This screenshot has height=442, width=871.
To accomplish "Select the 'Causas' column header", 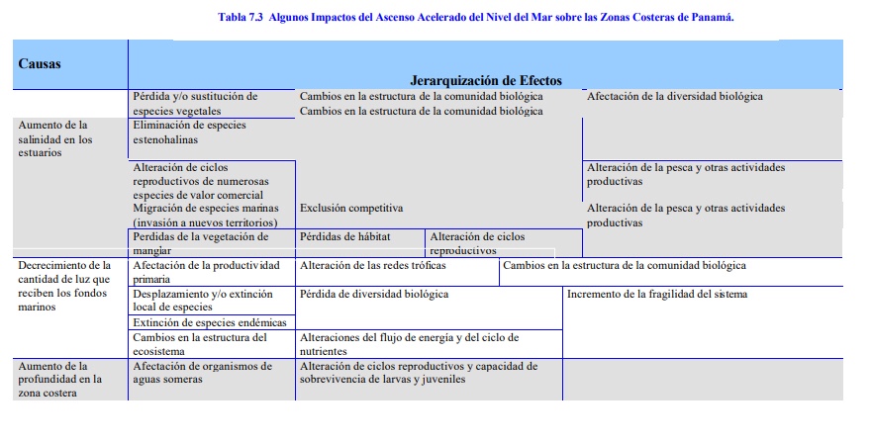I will [x=40, y=63].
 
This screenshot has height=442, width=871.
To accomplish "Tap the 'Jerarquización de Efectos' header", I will [x=485, y=79].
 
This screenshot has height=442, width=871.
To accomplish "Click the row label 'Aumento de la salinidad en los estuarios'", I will [x=55, y=138].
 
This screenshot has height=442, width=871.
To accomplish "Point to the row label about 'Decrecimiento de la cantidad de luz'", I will [x=65, y=286].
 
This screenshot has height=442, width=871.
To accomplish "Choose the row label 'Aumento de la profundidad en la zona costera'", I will [x=59, y=379].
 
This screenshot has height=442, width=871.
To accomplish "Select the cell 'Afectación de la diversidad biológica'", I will [x=675, y=97].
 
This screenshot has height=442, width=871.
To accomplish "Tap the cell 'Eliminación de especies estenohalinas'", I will [x=189, y=133].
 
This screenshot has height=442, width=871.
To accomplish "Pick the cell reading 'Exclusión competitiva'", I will [x=351, y=209].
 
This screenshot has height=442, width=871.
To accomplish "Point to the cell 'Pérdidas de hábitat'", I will [x=345, y=237].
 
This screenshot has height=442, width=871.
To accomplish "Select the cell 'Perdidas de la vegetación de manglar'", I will [x=200, y=243].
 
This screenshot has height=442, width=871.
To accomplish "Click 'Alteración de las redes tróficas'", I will [x=373, y=266].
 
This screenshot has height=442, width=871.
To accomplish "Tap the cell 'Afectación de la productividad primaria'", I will [x=206, y=272].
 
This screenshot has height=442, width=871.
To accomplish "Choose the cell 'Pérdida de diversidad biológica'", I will [x=374, y=295].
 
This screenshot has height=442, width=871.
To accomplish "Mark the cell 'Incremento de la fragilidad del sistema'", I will [x=657, y=295].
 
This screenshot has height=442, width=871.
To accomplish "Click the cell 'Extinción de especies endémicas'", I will [x=210, y=322].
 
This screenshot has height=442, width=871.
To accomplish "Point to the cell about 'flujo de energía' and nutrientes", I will [x=409, y=344].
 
